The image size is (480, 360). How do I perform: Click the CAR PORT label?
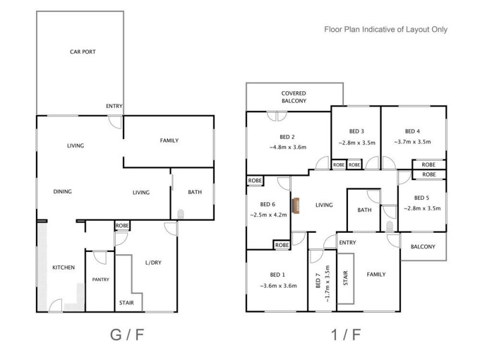click(x=83, y=52)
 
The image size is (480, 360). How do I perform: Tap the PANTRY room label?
click(x=100, y=280)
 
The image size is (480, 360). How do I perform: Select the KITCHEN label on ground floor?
click(x=63, y=268)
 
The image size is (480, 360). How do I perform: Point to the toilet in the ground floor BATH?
click(x=181, y=212)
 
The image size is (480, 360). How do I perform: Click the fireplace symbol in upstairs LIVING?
click(x=295, y=205)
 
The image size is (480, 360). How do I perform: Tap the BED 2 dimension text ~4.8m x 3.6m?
click(x=287, y=148)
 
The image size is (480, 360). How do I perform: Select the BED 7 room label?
click(x=318, y=281)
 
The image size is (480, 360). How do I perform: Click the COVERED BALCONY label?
click(x=294, y=97)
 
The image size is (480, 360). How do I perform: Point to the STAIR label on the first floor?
click(x=346, y=277)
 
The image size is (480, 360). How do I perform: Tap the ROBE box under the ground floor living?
click(x=122, y=226)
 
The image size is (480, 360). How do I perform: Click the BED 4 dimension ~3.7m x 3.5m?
click(x=412, y=143)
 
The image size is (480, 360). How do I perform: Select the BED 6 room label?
click(x=268, y=203)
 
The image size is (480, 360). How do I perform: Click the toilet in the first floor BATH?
click(x=389, y=226)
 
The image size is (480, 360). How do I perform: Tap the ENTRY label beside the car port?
click(x=114, y=106)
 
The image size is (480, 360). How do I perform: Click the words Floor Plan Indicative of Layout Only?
click(x=386, y=29)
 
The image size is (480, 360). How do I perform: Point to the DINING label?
click(x=62, y=192)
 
